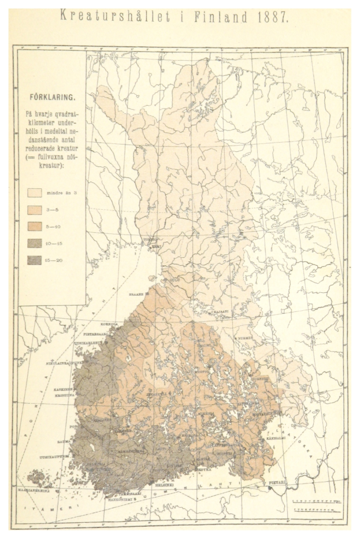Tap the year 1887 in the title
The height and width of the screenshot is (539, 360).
coord(270,17)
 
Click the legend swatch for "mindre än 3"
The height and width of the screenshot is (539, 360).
coord(35,193)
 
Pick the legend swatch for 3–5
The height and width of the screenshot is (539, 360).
coord(35,210)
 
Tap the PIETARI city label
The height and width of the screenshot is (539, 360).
coord(274,481)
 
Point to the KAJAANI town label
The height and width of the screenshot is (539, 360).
coord(221,311)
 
